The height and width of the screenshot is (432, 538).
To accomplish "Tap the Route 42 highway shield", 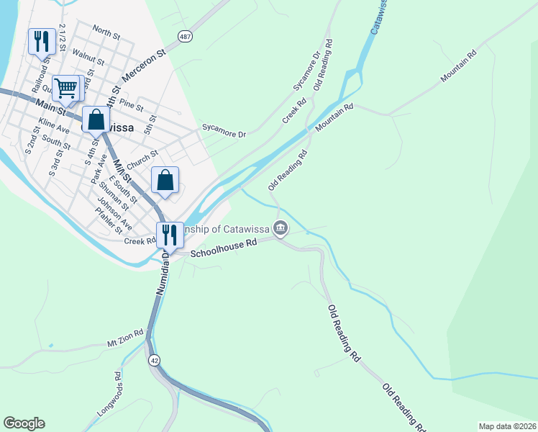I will tap(153, 359).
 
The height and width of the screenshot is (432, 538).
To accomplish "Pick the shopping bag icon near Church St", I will tap(165, 180).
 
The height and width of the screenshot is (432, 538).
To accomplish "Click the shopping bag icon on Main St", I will tap(96, 119).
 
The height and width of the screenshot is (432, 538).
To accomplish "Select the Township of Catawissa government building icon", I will tap(281, 229).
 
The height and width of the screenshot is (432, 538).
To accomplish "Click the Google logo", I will tap(24, 423).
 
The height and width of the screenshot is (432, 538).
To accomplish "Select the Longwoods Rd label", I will tap(109, 397).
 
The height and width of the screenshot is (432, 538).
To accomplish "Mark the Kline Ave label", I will tap(54, 125).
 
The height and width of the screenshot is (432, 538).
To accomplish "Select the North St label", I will tap(106, 33).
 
